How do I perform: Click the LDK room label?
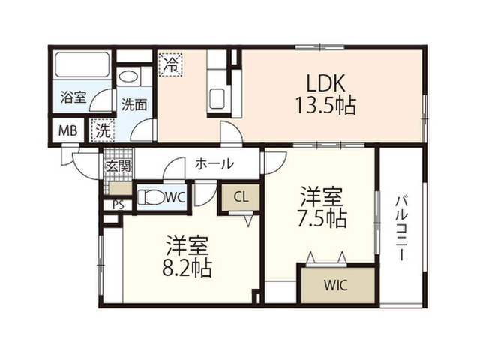(325, 82)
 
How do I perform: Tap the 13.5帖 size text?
(325, 105)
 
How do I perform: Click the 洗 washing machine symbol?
(103, 130)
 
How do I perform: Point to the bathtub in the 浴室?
(82, 65)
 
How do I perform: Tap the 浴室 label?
(73, 97)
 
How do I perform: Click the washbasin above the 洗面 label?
(128, 76)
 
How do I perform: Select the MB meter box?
(68, 131)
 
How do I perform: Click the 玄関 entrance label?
(118, 166)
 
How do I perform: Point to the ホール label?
(214, 164)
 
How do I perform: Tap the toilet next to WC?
(151, 197)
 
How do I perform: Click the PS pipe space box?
(118, 205)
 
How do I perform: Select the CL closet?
(241, 197)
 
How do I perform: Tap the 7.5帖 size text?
(322, 219)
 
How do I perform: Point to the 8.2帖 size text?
(187, 268)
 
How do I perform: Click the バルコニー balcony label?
(402, 229)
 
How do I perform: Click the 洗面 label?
(134, 105)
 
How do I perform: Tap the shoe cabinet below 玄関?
(120, 188)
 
